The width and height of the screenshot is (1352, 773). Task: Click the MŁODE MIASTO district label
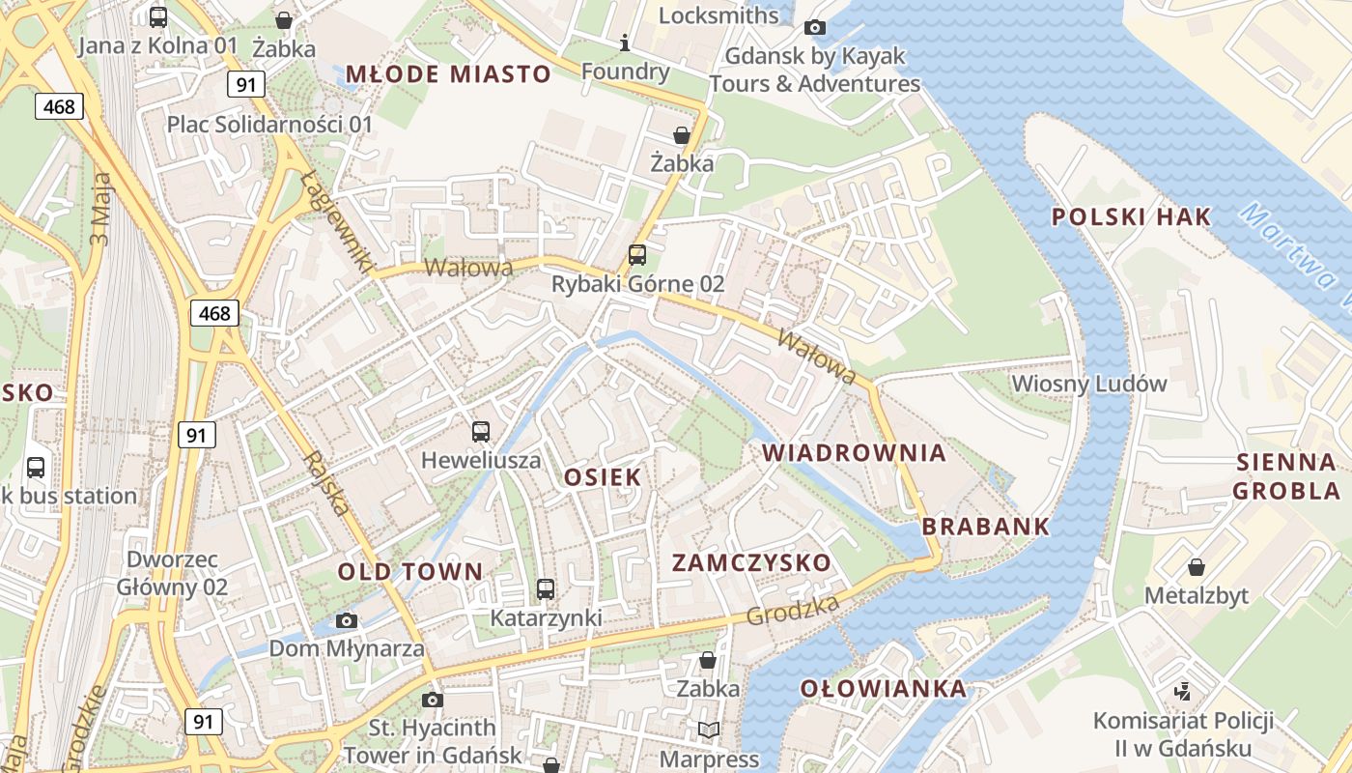coord(448,74)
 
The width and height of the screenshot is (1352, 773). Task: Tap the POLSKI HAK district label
coord(1131,217)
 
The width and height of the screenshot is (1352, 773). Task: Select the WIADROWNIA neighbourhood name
coord(854,453)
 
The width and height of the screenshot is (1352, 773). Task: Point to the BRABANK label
coord(985,527)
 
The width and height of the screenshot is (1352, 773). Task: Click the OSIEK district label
coord(603,476)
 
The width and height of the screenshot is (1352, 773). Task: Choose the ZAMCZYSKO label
coord(751,562)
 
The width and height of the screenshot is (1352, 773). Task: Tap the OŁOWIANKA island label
coord(884,689)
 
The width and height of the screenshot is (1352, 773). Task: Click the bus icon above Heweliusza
coord(481,431)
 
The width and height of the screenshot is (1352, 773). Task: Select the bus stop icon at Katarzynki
coord(546,588)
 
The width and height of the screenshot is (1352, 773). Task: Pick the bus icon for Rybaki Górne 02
coord(637,255)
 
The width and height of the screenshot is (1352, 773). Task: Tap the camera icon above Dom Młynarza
coord(347,620)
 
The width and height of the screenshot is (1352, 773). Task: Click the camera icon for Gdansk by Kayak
coord(815,27)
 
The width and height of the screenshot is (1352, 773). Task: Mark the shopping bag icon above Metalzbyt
coord(1197,566)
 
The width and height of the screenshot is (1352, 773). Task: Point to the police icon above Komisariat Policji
coord(1182,692)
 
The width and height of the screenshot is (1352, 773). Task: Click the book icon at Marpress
coord(708,730)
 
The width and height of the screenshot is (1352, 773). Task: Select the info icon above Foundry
coord(625,43)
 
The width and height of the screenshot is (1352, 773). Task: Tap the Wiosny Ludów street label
coord(1089,384)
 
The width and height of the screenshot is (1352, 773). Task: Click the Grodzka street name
coord(792,610)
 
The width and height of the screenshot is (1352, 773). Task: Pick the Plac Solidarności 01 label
coord(269,124)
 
